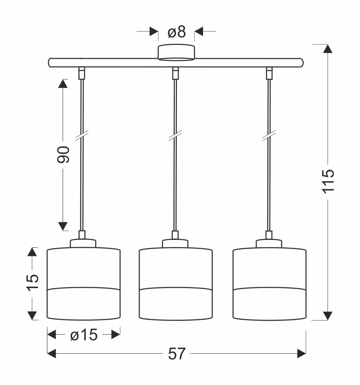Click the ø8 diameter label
pyautogui.click(x=177, y=32)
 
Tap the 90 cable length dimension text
pyautogui.click(x=63, y=154)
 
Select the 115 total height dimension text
pyautogui.click(x=328, y=181)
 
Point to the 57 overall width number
pyautogui.click(x=177, y=354)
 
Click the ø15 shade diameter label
pyautogui.click(x=84, y=335)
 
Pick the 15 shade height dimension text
pyautogui.click(x=33, y=283)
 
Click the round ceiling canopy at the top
pyautogui.click(x=176, y=52)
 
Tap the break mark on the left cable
pyautogui.click(x=82, y=135)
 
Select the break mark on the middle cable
pyautogui.click(x=175, y=135)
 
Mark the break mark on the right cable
pyautogui.click(x=269, y=135)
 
